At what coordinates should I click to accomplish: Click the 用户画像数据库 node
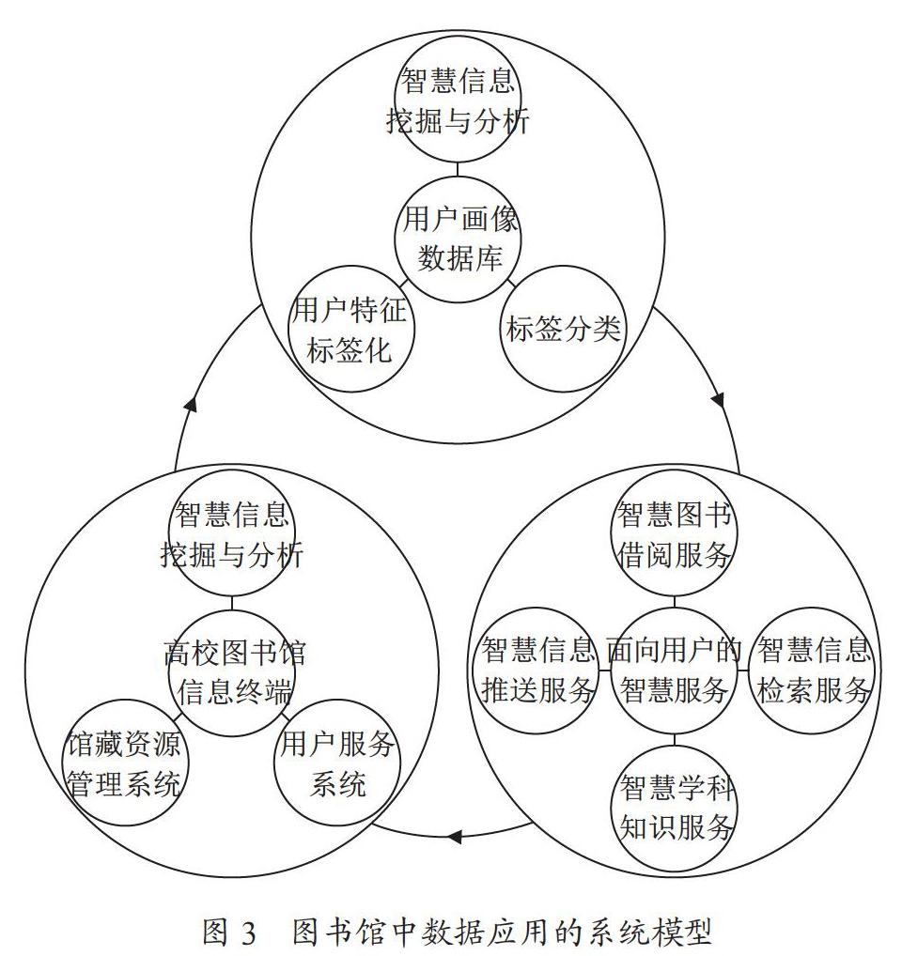(x=458, y=239)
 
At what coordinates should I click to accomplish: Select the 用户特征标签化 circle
(x=351, y=329)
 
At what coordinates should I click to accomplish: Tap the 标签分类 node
(x=563, y=329)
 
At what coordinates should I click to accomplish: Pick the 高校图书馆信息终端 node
(x=232, y=672)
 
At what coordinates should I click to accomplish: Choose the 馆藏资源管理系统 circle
(x=125, y=763)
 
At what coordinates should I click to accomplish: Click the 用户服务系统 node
(x=337, y=763)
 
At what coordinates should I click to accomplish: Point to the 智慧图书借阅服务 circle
(x=675, y=532)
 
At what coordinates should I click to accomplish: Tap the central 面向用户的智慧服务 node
(x=675, y=671)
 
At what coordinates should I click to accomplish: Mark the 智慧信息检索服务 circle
(x=813, y=671)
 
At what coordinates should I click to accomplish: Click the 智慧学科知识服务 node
(x=675, y=808)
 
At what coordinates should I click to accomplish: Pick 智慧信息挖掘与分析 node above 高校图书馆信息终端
(x=232, y=532)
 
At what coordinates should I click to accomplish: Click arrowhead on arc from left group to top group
(x=191, y=404)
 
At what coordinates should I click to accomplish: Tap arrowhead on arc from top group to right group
(x=718, y=401)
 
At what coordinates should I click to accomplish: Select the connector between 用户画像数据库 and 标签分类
(x=511, y=283)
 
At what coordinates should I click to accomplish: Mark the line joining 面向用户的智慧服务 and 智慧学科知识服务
(x=675, y=739)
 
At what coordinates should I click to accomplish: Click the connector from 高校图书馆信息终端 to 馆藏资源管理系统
(x=177, y=717)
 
